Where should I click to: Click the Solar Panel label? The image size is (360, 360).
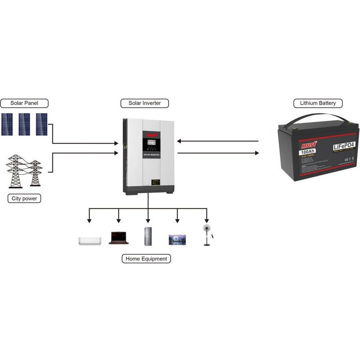[x=24, y=103]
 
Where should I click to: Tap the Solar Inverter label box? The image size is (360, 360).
[x=144, y=103]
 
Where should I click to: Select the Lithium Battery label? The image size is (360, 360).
[x=318, y=103]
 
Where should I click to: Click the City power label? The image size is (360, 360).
[x=24, y=199]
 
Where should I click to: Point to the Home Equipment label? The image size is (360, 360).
[x=146, y=259]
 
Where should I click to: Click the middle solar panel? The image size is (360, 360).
[x=24, y=124]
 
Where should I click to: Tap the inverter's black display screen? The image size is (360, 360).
[x=149, y=144]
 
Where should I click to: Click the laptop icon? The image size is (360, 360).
[x=119, y=238]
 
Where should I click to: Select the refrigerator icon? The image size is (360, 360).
[x=148, y=236]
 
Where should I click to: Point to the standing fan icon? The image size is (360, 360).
[x=207, y=235]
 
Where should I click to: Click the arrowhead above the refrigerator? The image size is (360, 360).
[x=148, y=221]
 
